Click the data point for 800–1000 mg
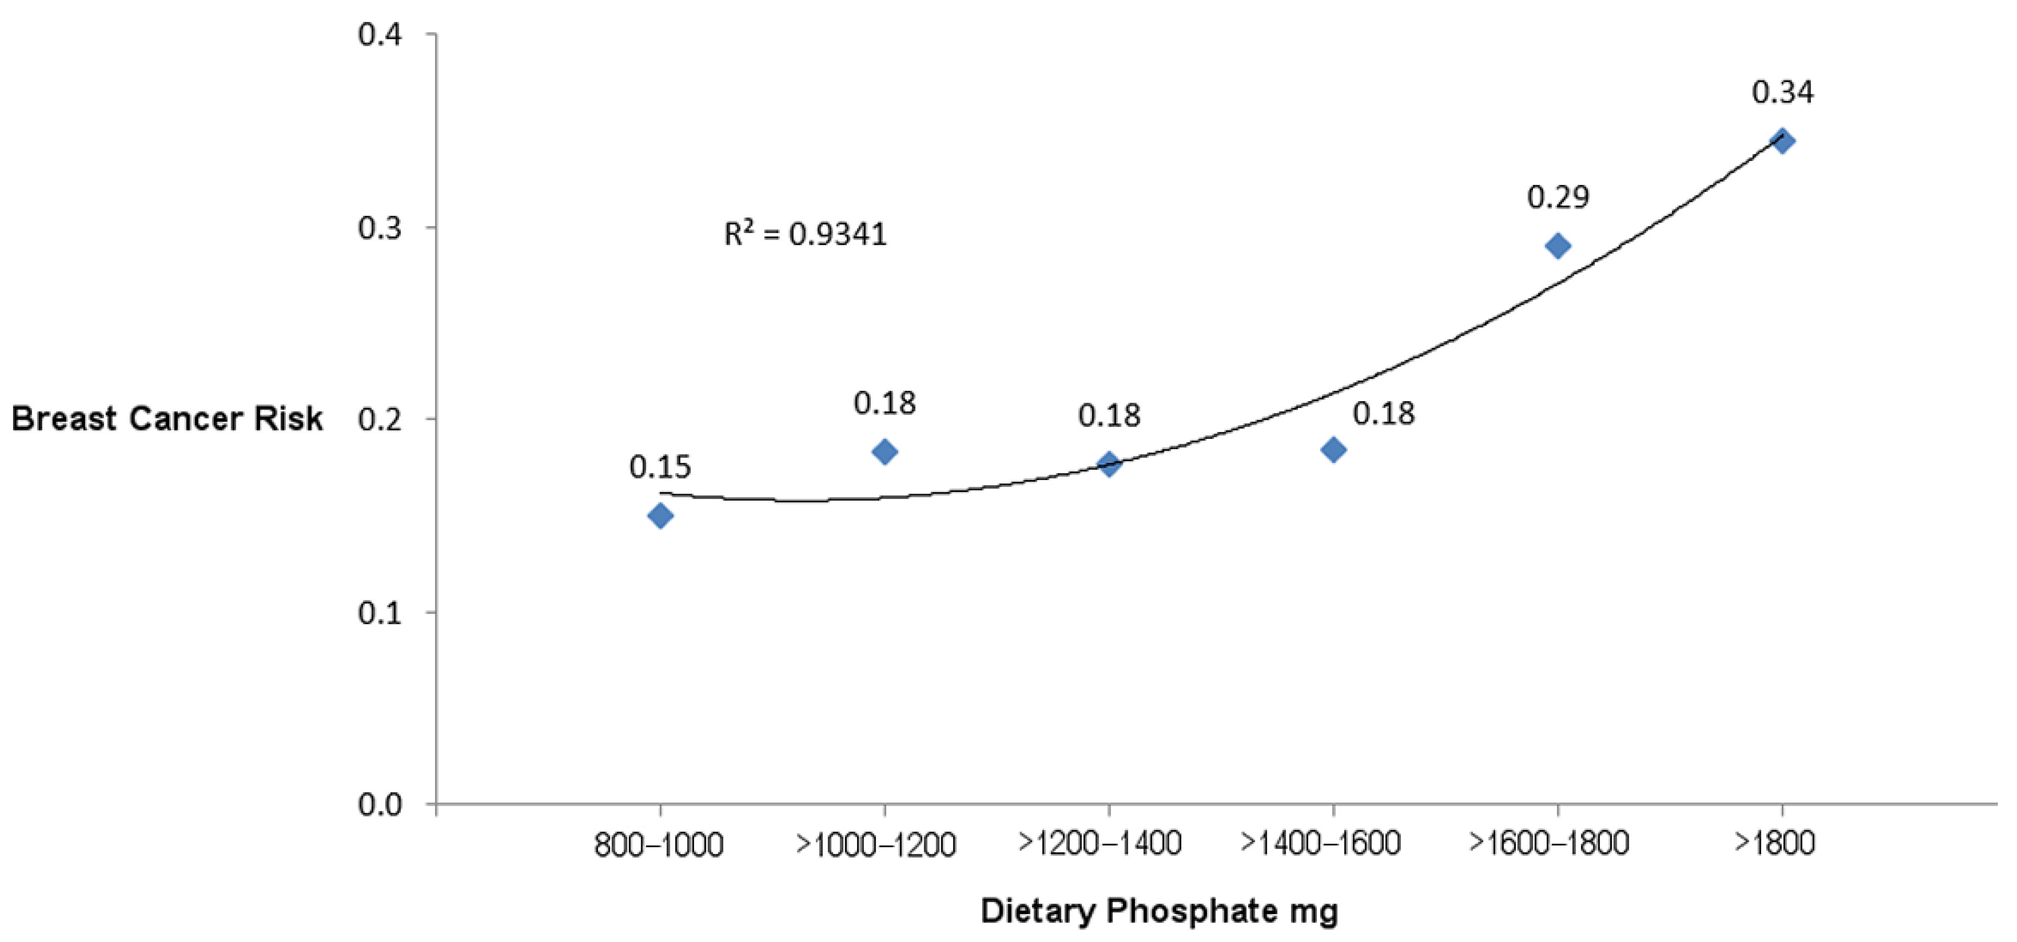(660, 515)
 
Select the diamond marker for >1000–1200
(885, 452)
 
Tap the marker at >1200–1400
(1109, 463)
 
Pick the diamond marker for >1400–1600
(1333, 450)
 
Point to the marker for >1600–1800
(1558, 246)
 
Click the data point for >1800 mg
(1783, 141)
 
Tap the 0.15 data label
(660, 467)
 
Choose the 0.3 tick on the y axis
(380, 228)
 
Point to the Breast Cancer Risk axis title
(167, 419)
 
